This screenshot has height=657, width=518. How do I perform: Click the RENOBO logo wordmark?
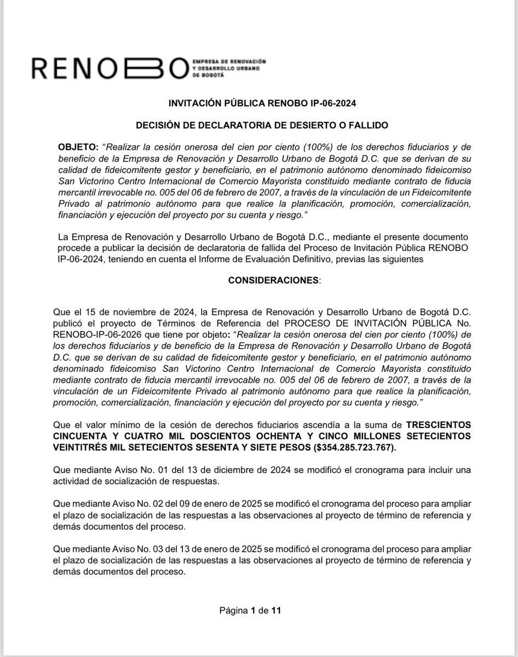coord(110,68)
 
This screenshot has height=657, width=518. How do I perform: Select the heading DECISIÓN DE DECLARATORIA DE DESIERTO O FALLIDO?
coord(259,125)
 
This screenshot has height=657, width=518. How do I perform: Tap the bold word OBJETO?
coord(78,147)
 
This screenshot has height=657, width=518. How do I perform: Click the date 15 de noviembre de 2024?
coord(134,312)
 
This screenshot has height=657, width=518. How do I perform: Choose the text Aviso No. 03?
coord(125,549)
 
